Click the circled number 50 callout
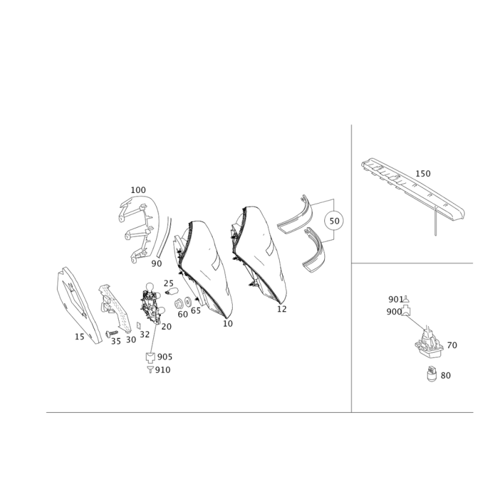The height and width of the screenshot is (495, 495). pos(334,221)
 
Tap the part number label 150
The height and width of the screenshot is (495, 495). pos(423,174)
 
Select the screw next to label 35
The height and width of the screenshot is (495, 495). pos(111,333)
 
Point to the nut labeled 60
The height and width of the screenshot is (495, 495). pos(178,304)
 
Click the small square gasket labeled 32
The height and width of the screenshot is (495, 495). pos(138,325)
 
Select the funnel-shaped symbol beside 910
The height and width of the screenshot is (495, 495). pos(150,369)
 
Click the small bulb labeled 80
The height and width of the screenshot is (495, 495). pos(432,374)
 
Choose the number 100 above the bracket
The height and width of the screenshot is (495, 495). pos(138,190)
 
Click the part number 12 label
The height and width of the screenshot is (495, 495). pos(282,309)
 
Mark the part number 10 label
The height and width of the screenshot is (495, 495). pos(228,324)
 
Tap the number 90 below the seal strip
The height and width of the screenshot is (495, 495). pos(157,264)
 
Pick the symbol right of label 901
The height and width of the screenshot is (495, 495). pos(407,298)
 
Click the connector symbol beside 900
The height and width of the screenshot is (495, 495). pos(406,311)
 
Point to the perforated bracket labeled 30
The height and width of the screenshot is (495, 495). pos(115,308)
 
